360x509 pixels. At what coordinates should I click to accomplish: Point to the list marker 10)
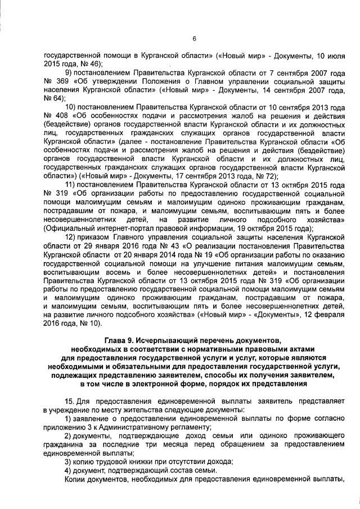72,107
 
